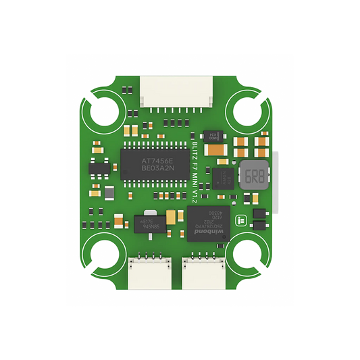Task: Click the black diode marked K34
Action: pyautogui.click(x=215, y=135)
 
